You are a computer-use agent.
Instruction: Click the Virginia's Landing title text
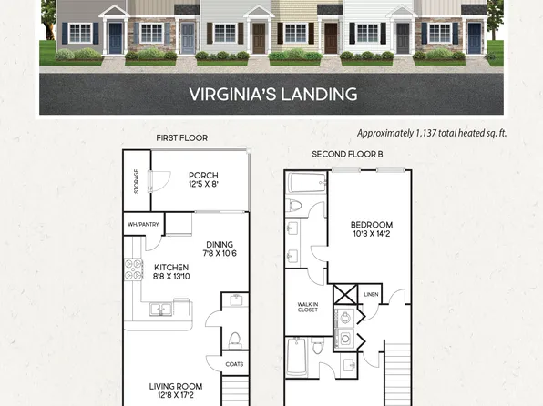coord(272,94)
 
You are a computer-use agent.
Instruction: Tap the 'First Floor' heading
coord(181,138)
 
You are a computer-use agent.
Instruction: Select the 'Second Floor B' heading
coord(347,155)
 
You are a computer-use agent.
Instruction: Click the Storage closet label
coord(137,181)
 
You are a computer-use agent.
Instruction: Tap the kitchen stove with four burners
coord(134,269)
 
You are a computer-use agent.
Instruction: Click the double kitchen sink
coord(160,310)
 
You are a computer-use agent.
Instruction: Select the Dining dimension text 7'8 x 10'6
coord(219,254)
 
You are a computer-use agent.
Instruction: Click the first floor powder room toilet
coord(234,340)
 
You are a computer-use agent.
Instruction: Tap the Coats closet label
coord(234,364)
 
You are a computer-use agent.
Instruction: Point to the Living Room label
coord(175,387)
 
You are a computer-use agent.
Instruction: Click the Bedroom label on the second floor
coord(371,225)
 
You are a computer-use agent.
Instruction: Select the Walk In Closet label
coord(307,308)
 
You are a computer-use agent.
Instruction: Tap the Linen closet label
coord(371,294)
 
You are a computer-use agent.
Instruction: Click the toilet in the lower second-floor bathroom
coord(318,347)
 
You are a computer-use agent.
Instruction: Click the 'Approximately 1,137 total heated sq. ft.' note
coord(432,133)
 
